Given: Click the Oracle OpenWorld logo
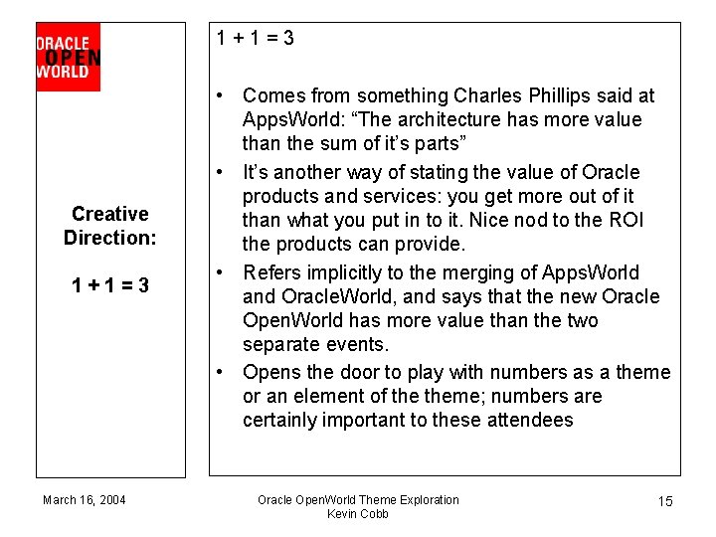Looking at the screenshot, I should tap(68, 57).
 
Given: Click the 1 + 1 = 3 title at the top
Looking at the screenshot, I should tap(256, 39).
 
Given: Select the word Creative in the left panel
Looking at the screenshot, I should tap(109, 214).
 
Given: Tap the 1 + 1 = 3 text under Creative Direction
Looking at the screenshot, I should tap(109, 285).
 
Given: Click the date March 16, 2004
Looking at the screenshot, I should tap(85, 499).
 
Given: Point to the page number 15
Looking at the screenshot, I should tap(665, 501).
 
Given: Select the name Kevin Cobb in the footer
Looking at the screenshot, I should tap(358, 514).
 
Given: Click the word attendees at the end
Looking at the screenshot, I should tap(530, 420).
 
